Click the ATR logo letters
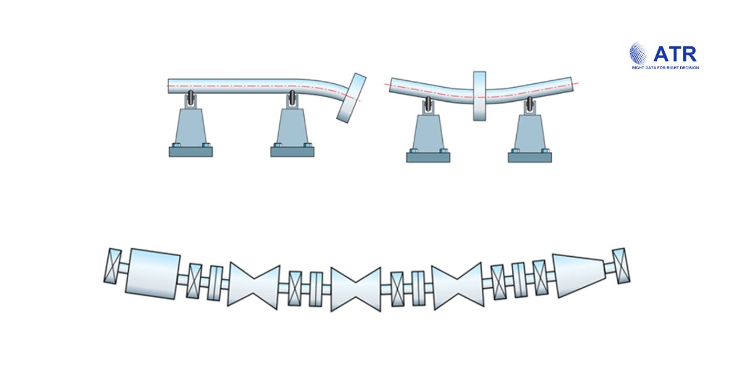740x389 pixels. click(675, 54)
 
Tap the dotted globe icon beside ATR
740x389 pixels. click(639, 53)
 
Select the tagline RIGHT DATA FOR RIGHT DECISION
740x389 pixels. click(665, 68)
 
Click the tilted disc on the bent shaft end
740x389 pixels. click(351, 98)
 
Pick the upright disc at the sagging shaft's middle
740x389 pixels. click(480, 96)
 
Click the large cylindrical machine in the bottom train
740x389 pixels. click(153, 274)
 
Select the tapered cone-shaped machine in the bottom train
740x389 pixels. click(578, 275)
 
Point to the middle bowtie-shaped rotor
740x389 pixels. click(355, 289)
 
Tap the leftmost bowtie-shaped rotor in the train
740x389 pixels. click(253, 286)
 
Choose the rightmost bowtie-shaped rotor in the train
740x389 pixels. click(458, 286)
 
